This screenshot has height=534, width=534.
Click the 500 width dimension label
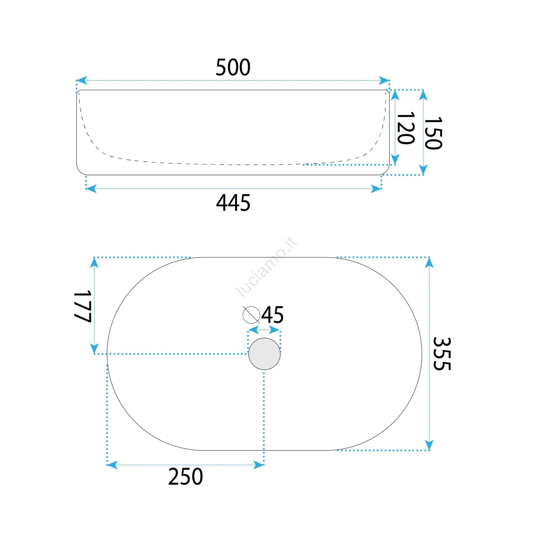click(x=233, y=67)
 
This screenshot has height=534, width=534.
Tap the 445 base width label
click(x=233, y=203)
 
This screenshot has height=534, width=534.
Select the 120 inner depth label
click(x=406, y=128)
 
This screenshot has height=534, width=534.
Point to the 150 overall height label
click(x=433, y=133)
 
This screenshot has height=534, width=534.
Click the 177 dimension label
click(x=82, y=306)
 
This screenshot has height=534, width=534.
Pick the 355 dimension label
click(x=442, y=354)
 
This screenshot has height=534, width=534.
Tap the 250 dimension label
click(x=186, y=477)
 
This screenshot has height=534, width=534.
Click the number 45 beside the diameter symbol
click(x=272, y=315)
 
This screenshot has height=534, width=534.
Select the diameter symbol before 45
click(x=251, y=315)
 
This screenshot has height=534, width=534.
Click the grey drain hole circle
click(x=264, y=354)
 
